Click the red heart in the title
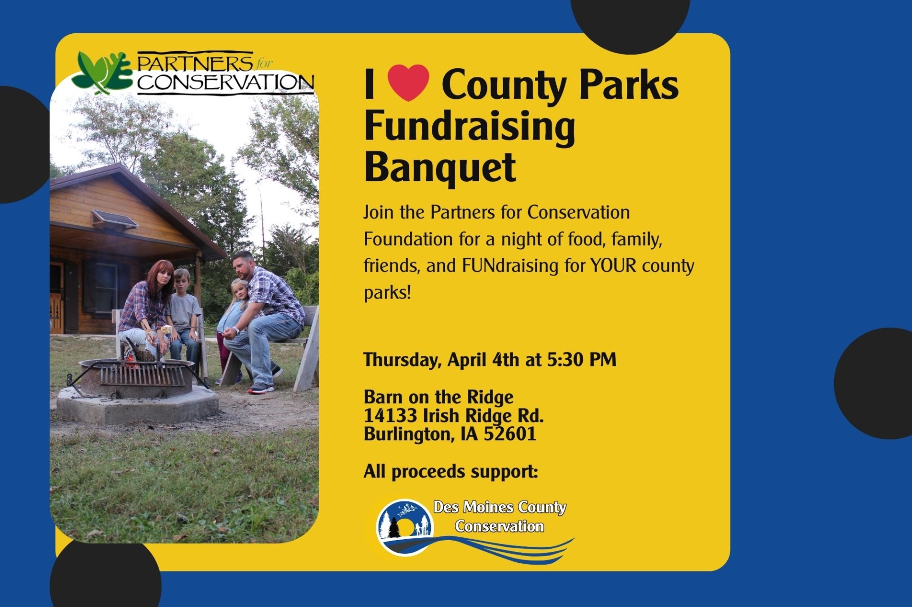(x=408, y=83)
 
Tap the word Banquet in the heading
(x=440, y=168)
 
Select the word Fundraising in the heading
(x=470, y=127)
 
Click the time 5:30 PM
(x=581, y=359)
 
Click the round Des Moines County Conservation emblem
(x=405, y=527)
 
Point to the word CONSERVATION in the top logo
(x=226, y=82)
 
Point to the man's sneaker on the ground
(x=261, y=388)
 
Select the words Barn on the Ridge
(x=438, y=397)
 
